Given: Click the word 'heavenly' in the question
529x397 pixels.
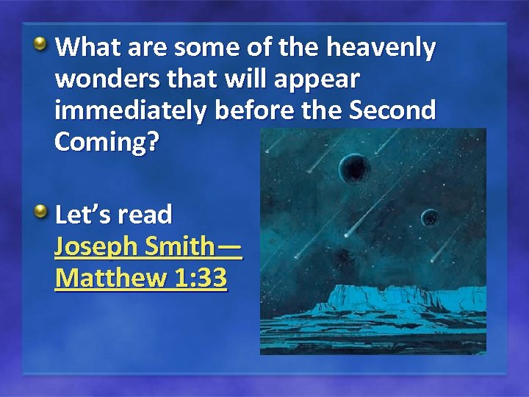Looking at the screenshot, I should (x=381, y=49).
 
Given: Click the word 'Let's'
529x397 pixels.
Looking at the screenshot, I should (x=82, y=215).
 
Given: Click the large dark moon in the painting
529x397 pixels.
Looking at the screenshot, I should (x=354, y=170).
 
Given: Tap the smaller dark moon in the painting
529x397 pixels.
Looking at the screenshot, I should (x=429, y=217).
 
